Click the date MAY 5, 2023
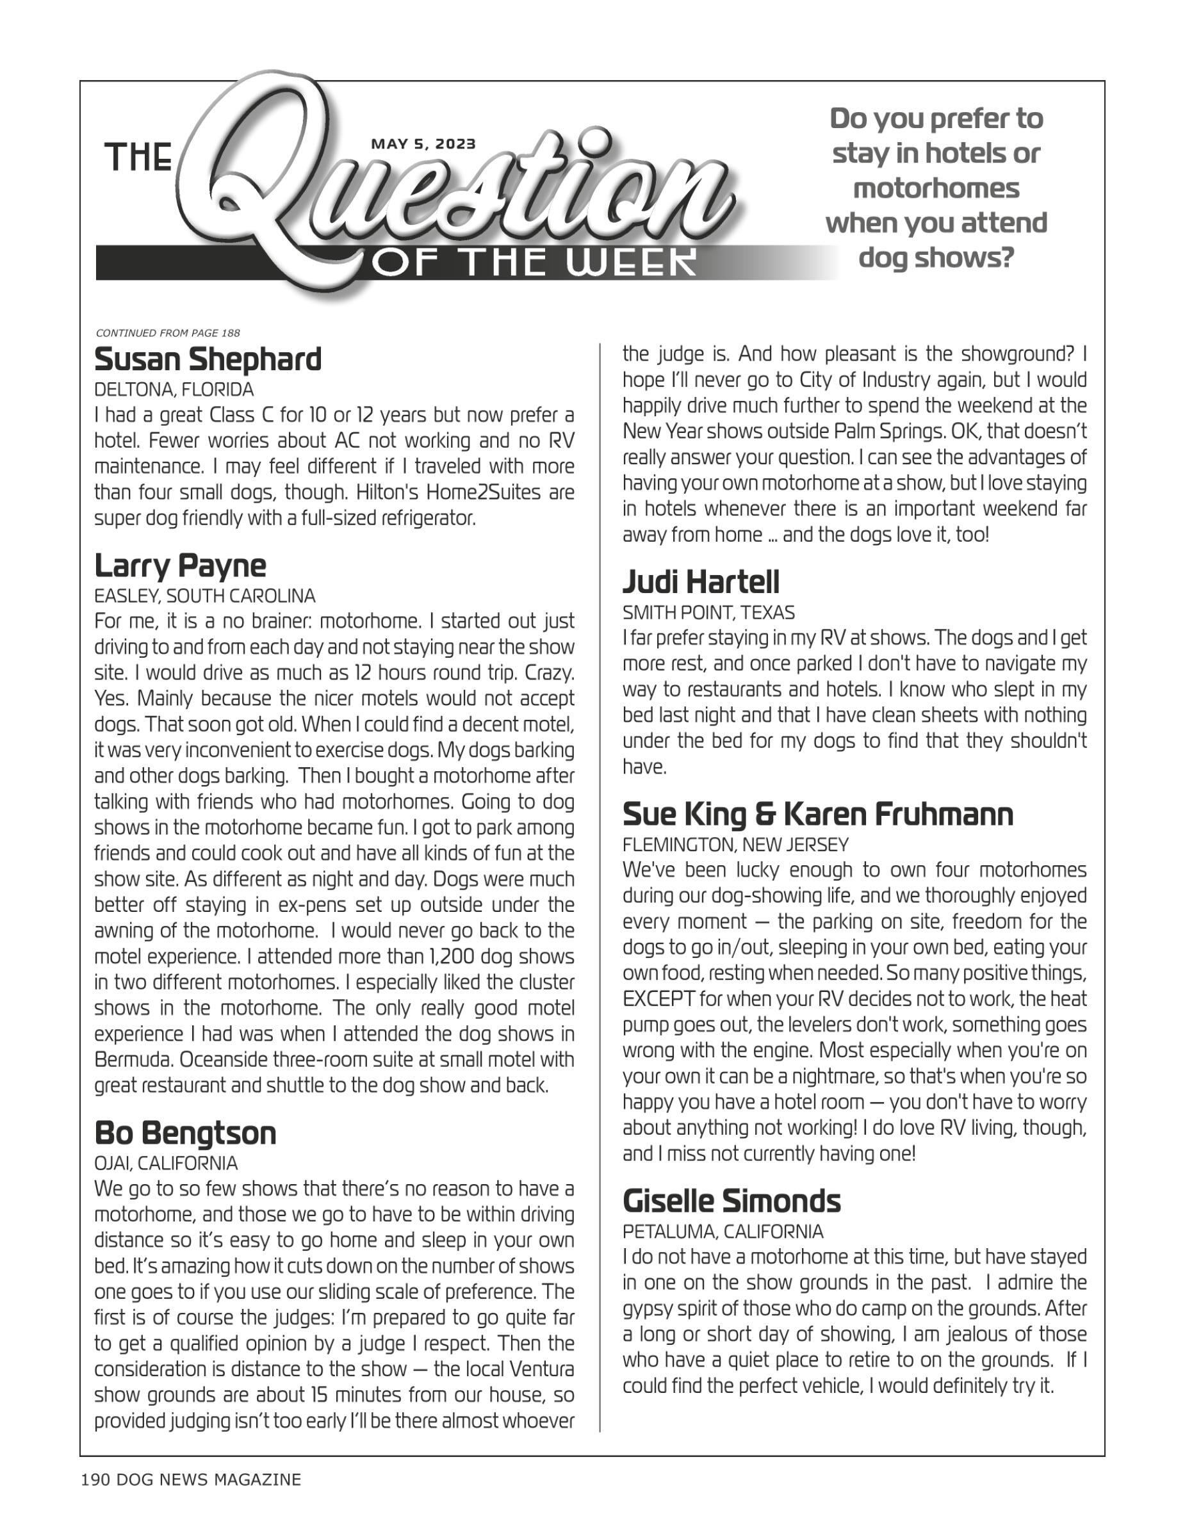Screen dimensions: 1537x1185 [x=423, y=144]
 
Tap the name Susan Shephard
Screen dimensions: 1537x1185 [x=208, y=360]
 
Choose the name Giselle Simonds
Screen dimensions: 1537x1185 [x=731, y=1201]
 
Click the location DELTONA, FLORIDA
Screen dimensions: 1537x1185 [x=174, y=390]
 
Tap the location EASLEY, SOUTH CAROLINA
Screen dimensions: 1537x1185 [x=205, y=597]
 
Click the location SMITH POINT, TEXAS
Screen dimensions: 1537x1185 [x=708, y=613]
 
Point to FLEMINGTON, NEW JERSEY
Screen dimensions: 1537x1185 [x=735, y=845]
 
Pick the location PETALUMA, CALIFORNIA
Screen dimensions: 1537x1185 [x=723, y=1232]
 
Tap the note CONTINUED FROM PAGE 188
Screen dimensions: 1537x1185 [x=167, y=333]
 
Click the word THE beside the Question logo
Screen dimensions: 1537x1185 [x=138, y=157]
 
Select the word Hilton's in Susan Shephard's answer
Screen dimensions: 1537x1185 [x=388, y=492]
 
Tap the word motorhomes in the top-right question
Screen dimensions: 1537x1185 [x=936, y=189]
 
